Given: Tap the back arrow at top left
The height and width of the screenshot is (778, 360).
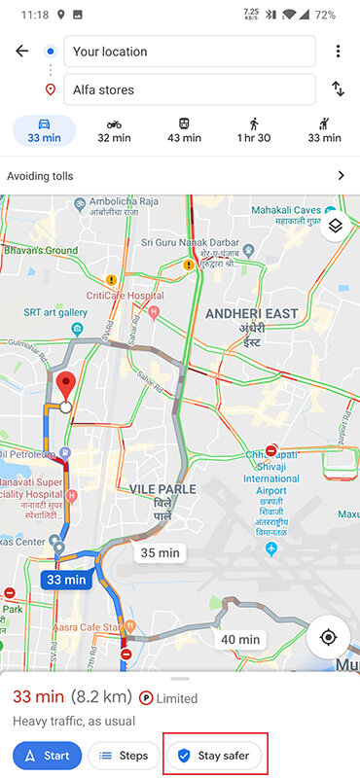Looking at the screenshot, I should pyautogui.click(x=21, y=52).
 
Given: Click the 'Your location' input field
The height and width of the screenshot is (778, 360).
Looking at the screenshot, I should pyautogui.click(x=189, y=52).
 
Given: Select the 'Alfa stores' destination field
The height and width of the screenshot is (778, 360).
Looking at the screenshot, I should pyautogui.click(x=189, y=89).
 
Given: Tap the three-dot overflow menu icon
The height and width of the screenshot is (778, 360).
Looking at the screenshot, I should pyautogui.click(x=338, y=52).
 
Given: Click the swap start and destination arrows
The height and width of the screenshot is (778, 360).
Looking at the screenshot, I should pyautogui.click(x=338, y=89).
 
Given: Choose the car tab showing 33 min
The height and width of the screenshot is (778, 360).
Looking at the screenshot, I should pyautogui.click(x=44, y=130).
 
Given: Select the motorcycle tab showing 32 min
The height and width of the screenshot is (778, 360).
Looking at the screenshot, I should pyautogui.click(x=115, y=130).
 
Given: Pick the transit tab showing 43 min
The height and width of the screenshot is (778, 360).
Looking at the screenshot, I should pyautogui.click(x=184, y=130).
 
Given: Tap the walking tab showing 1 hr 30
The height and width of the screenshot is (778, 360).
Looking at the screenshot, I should pyautogui.click(x=254, y=130).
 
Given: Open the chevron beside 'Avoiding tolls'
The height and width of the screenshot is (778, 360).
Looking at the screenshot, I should pyautogui.click(x=341, y=176).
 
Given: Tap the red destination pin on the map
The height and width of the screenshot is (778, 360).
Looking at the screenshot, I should pyautogui.click(x=65, y=388).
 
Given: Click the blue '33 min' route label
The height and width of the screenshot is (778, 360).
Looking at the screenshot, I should pyautogui.click(x=66, y=580).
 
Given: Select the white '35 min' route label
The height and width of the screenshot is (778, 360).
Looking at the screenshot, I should pyautogui.click(x=161, y=552).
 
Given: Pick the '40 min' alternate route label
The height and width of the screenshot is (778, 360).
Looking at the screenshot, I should pyautogui.click(x=240, y=639).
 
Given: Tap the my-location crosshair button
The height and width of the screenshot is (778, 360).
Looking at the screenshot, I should pyautogui.click(x=328, y=638).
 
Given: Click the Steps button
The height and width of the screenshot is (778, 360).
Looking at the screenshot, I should pyautogui.click(x=124, y=756).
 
